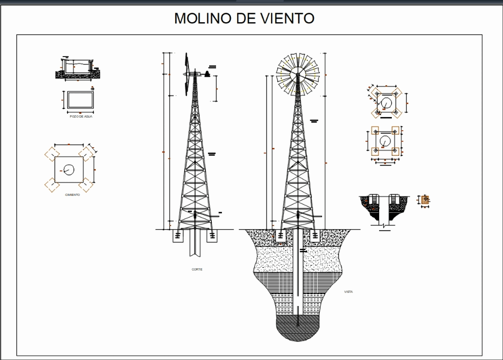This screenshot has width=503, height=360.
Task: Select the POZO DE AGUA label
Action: (x=80, y=116)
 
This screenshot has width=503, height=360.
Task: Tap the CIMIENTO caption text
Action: (x=73, y=195)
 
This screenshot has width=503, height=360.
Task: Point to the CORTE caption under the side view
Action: (x=197, y=269)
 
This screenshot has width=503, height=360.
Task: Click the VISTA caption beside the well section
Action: (x=348, y=292)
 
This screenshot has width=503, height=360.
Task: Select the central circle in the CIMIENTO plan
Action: (x=69, y=170)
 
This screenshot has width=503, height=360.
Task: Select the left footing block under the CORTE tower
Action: (x=178, y=236)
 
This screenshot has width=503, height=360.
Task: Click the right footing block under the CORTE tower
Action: (x=212, y=236)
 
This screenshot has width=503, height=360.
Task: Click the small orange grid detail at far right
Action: (x=425, y=200)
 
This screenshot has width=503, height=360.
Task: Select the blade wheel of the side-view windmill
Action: (x=187, y=74)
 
